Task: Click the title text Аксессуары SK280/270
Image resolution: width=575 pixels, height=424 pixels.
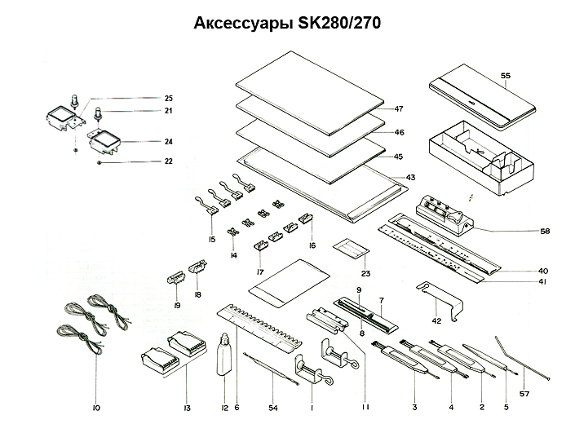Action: tap(287, 24)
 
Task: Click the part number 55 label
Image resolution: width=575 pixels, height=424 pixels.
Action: tap(506, 76)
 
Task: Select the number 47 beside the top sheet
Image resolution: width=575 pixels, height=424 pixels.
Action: tap(400, 108)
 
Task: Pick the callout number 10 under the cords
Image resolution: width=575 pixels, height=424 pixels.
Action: tap(96, 405)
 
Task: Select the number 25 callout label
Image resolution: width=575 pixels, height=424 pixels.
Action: tap(168, 98)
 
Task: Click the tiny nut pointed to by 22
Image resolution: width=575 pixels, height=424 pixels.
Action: tap(99, 162)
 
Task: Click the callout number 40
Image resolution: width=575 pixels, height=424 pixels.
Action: tap(543, 270)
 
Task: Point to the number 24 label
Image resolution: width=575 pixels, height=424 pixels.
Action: tap(168, 141)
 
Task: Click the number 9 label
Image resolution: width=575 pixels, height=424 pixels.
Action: tap(359, 291)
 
